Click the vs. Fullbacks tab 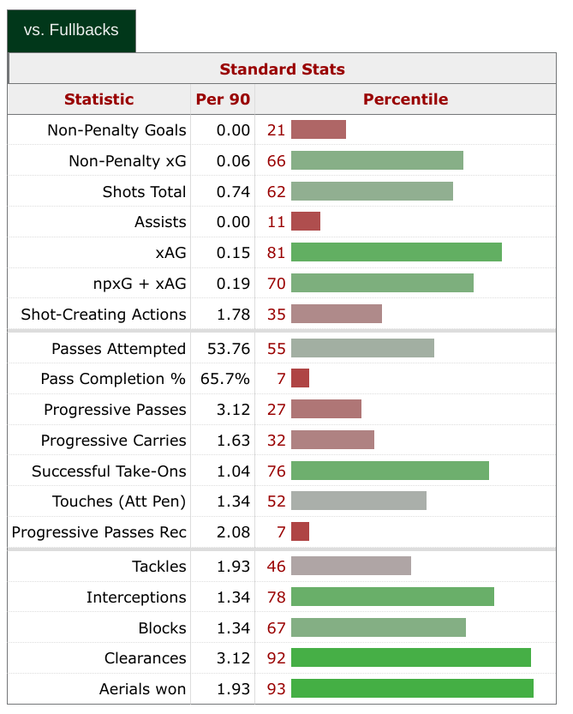click(x=71, y=30)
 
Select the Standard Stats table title click(x=282, y=69)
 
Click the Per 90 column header click(x=223, y=99)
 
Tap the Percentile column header click(x=405, y=99)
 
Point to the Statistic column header click(x=98, y=99)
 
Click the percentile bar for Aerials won click(x=412, y=688)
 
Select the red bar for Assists click(x=306, y=221)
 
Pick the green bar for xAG click(x=396, y=252)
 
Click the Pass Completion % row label click(x=113, y=379)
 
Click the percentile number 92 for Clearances click(x=276, y=658)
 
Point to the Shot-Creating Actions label click(x=103, y=314)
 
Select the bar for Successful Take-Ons click(x=390, y=471)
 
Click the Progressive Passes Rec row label click(x=98, y=532)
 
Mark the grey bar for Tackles click(x=351, y=566)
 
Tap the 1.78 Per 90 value click(x=233, y=314)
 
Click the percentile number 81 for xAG click(x=276, y=252)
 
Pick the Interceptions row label click(x=135, y=597)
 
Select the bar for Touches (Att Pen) click(x=359, y=501)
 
